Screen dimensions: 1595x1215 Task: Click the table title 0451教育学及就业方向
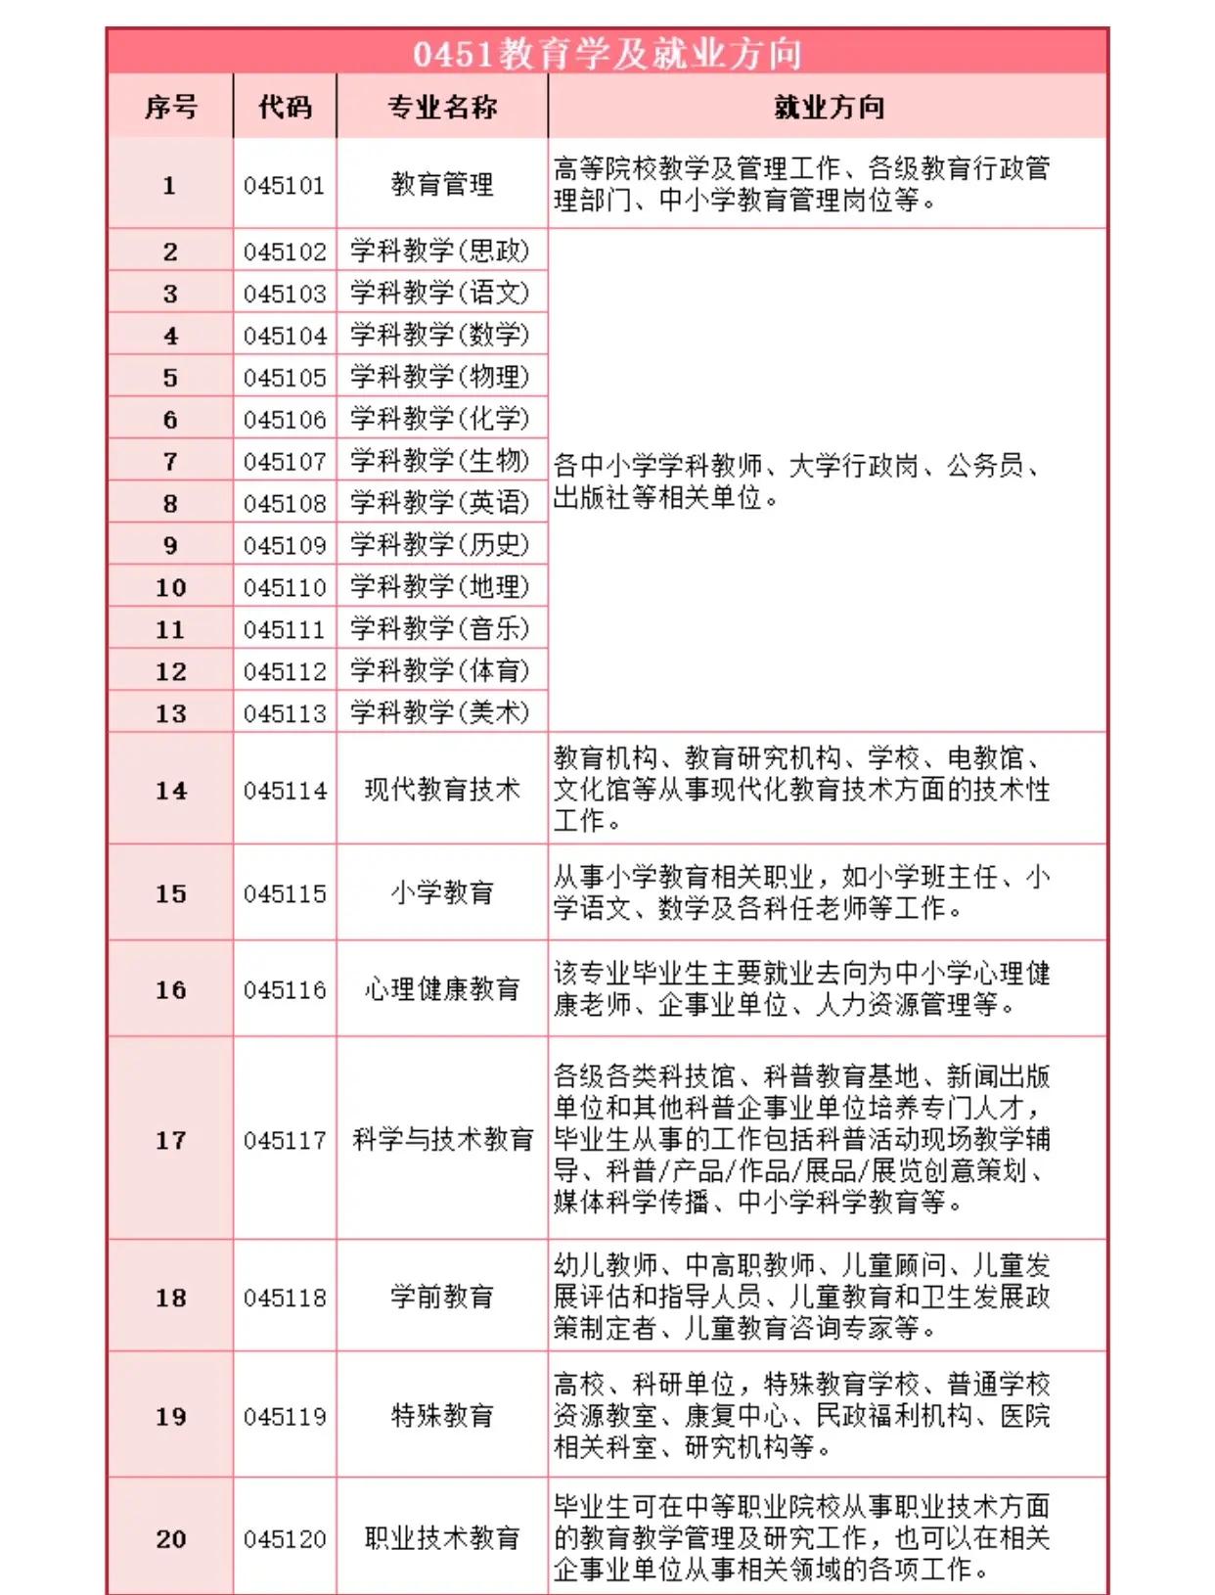607,54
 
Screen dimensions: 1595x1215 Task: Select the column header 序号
170,107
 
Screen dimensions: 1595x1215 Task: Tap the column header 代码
285,107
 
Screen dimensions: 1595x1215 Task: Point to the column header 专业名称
442,107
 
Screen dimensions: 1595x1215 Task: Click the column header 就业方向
829,107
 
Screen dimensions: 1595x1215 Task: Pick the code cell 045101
285,185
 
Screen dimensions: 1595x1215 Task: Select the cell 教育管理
442,184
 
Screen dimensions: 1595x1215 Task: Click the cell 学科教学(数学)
440,335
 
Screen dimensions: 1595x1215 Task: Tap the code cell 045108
285,503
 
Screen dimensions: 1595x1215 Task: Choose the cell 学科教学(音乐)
440,628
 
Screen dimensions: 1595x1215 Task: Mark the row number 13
170,713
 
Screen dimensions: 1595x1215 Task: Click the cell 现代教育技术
442,789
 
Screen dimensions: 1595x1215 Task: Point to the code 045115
285,893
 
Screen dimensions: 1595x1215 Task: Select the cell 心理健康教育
442,989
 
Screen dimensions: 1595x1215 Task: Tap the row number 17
170,1140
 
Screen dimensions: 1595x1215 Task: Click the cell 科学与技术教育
443,1139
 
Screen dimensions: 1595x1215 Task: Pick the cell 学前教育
442,1297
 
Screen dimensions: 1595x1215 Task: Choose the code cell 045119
285,1416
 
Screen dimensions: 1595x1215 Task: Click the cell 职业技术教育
442,1538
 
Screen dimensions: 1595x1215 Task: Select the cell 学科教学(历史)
440,544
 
